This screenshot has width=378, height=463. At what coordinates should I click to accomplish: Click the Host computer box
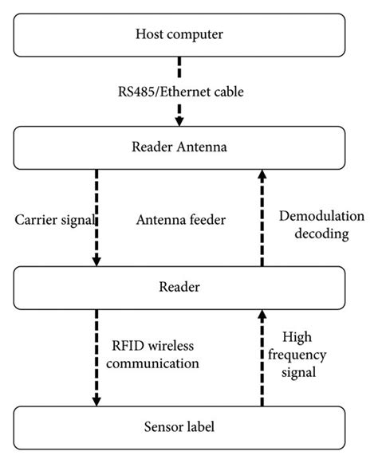[179, 35]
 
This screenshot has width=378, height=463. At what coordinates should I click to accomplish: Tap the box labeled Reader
[179, 284]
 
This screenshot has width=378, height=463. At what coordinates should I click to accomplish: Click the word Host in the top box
[151, 35]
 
